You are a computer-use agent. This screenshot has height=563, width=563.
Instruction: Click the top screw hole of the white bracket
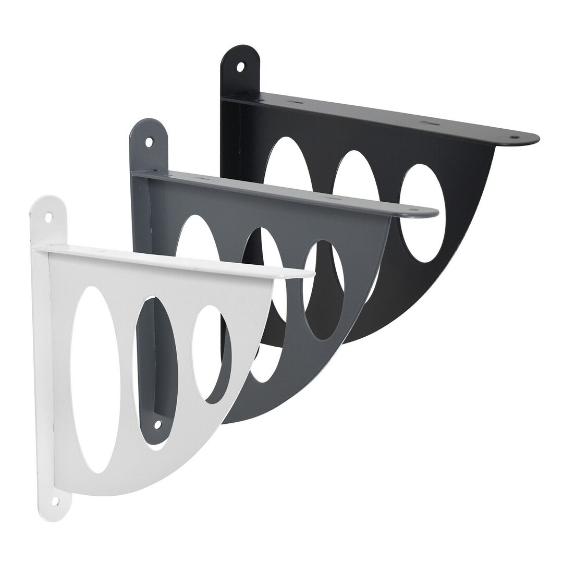pyautogui.click(x=48, y=217)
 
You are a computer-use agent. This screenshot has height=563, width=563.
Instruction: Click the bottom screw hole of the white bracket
pyautogui.click(x=55, y=501)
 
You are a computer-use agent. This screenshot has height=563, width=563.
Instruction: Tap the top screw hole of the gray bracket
pyautogui.click(x=149, y=141)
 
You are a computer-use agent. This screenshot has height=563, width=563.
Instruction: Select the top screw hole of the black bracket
pyautogui.click(x=240, y=67)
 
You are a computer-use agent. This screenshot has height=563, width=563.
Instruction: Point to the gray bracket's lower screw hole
pyautogui.click(x=157, y=424)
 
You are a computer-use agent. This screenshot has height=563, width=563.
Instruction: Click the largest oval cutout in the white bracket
pyautogui.click(x=95, y=380)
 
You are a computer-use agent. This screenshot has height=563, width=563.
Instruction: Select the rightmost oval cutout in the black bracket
pyautogui.click(x=423, y=213)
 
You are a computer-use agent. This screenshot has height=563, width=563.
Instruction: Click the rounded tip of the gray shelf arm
pyautogui.click(x=433, y=212)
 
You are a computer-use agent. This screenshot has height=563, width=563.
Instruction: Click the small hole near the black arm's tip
pyautogui.click(x=515, y=137)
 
